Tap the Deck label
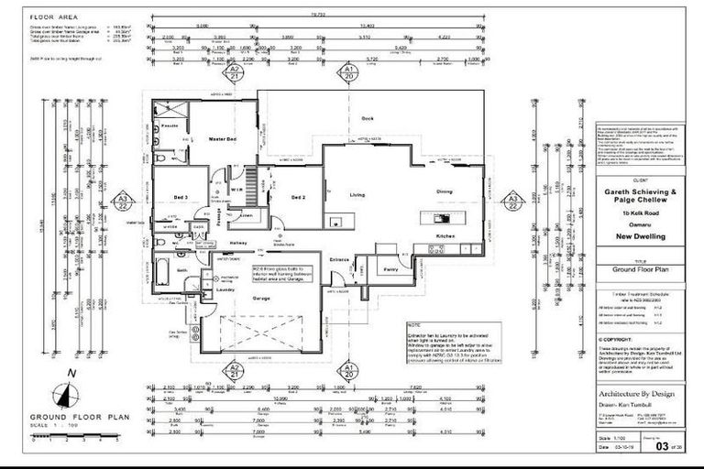[x=367, y=119]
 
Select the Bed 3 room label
[x=180, y=197]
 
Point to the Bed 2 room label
[x=297, y=197]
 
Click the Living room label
[x=358, y=194]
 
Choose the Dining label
[x=444, y=191]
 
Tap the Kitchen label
[x=445, y=236]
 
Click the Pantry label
[x=390, y=269]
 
